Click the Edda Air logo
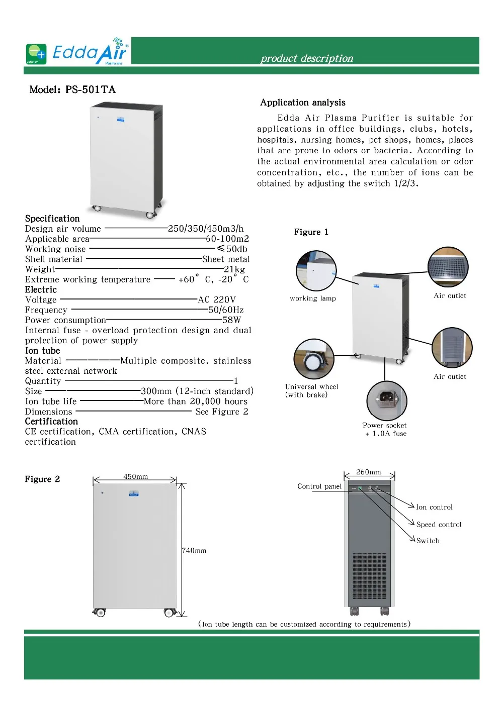coord(78,52)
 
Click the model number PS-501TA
coord(91,90)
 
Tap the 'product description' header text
coord(307,58)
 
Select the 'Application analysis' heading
coord(303,103)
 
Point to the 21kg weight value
coord(234,269)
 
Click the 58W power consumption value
coord(232,320)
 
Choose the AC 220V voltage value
coord(217,300)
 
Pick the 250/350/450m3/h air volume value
coord(206,229)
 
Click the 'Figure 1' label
coord(311,232)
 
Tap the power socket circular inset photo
coord(386,400)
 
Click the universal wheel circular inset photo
coord(314,359)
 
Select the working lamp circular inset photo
coord(316,271)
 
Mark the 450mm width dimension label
coord(136,476)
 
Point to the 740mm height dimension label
coord(194,551)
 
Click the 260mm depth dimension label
coord(369,472)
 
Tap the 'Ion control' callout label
coord(434,507)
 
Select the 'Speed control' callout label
coord(439,525)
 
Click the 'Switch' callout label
coord(428,541)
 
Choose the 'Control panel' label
coord(319,486)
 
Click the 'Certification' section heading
coord(52,422)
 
